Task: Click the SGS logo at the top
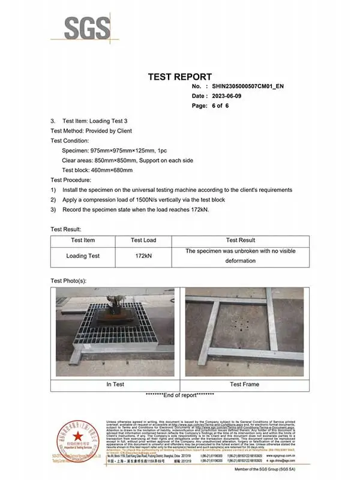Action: coord(88,28)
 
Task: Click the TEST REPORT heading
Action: coord(179,77)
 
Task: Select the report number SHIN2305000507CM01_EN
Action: coord(248,86)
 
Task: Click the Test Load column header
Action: coord(143,240)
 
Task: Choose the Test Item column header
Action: coord(83,240)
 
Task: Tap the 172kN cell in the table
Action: coord(143,256)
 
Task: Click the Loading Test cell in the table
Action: coord(83,256)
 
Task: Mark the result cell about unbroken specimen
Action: coord(240,256)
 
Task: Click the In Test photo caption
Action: coord(115,384)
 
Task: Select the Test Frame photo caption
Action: coord(244,384)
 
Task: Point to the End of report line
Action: coord(180,395)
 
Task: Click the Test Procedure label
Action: coord(71,180)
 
